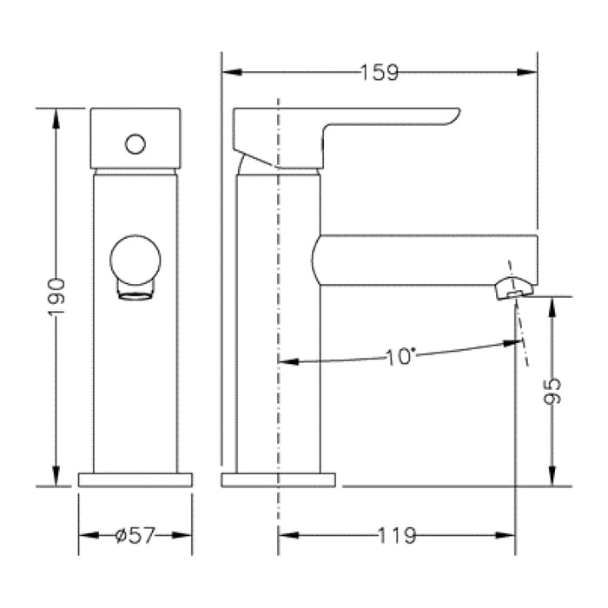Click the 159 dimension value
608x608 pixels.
[380, 73]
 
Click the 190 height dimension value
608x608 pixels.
[56, 296]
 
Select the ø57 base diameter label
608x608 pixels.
[135, 536]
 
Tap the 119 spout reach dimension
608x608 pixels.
[396, 536]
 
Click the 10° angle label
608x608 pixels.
[401, 356]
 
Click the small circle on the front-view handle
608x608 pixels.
[135, 143]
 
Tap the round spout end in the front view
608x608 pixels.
[135, 261]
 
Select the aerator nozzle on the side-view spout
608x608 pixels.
[512, 287]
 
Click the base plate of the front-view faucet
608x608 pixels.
[135, 479]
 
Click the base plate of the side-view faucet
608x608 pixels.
[278, 479]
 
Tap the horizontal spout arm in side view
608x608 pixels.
[426, 259]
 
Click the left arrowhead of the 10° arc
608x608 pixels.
[285, 360]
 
